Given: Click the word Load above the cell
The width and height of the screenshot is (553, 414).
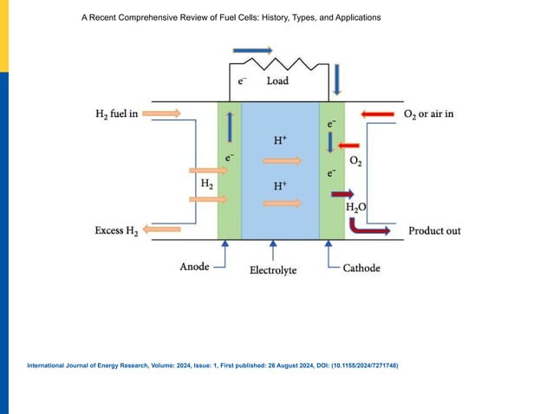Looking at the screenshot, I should coord(277,81).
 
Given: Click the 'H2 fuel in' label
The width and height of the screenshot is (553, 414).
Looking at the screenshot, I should coord(117,113).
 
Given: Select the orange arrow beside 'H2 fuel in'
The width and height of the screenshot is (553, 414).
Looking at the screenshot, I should coord(161,113).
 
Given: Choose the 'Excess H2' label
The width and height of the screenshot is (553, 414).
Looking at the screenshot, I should coord(117,230).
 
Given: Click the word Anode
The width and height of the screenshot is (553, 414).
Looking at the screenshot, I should coord(194,267).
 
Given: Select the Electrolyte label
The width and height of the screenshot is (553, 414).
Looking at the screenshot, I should coord(273,270).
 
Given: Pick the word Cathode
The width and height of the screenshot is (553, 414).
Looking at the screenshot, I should coord(361,268).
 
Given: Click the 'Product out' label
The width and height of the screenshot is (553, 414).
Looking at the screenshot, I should coord(434,231).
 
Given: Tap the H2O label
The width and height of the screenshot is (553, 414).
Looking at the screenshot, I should coord(355,208).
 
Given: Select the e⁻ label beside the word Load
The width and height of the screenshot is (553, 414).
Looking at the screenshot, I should coord(244,81).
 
